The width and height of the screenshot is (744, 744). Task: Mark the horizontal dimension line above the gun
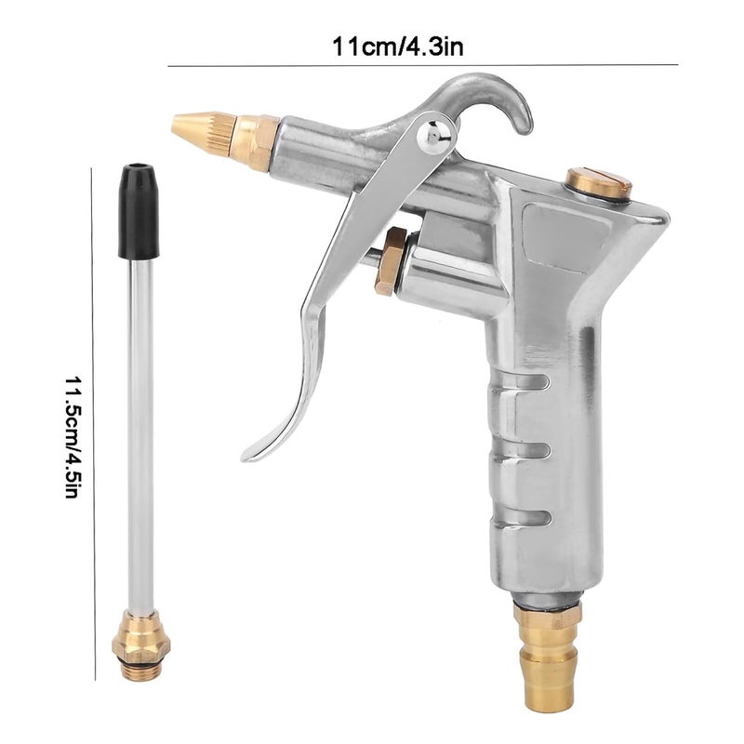(x=423, y=65)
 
